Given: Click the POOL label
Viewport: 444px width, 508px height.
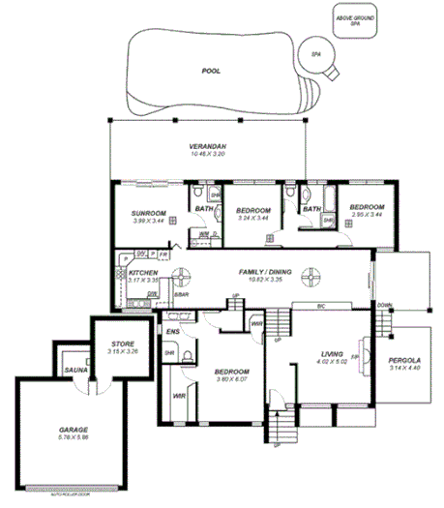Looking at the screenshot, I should [x=210, y=71].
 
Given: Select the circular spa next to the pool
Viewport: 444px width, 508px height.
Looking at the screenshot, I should [x=316, y=57].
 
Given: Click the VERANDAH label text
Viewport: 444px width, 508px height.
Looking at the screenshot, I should [x=207, y=146].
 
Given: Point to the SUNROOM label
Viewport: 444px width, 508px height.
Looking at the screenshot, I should [x=148, y=213].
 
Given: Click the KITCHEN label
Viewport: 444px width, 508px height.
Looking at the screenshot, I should [x=143, y=274].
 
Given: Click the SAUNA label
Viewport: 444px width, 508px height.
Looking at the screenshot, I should [x=74, y=370].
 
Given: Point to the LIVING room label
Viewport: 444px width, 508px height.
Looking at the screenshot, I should [x=332, y=355].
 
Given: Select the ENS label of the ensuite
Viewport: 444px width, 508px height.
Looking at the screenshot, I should [x=173, y=332].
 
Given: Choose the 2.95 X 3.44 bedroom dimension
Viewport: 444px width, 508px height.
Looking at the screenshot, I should [x=367, y=214].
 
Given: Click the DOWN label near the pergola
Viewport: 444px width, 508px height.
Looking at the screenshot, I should [x=386, y=304].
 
